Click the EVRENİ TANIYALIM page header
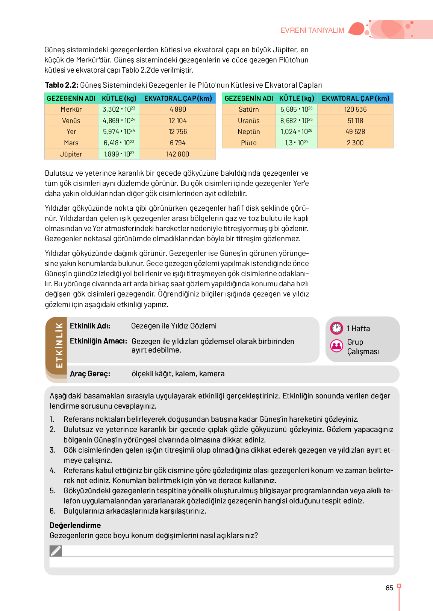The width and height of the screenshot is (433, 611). pos(312,30)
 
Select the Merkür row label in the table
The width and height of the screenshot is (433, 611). pos(71,109)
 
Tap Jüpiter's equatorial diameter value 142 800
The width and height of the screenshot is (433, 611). pos(177,154)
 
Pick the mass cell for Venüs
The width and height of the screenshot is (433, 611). pos(119,121)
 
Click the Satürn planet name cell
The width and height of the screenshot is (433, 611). pos(248,109)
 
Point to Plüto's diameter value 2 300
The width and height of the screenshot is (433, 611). pos(355,143)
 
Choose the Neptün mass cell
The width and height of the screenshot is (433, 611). pos(296,132)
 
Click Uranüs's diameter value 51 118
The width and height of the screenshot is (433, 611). pos(355,121)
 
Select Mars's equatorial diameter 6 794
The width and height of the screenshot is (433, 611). pos(177,143)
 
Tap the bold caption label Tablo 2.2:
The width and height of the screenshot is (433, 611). pos(62,85)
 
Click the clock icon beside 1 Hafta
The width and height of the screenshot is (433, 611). pos(336,328)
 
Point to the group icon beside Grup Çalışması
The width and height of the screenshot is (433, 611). pos(336,345)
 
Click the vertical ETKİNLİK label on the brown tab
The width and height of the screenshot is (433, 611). pos(59,345)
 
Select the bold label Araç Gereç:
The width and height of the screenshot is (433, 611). pos(90,374)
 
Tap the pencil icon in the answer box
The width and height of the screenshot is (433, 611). pos(56,551)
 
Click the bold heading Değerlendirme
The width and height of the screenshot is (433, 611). pos(75,525)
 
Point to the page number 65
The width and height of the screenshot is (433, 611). pos(389,588)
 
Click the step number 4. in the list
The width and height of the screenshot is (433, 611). pos(53,470)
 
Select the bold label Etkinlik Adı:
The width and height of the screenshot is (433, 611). pos(90,326)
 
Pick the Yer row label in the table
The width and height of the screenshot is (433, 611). pos(71,132)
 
